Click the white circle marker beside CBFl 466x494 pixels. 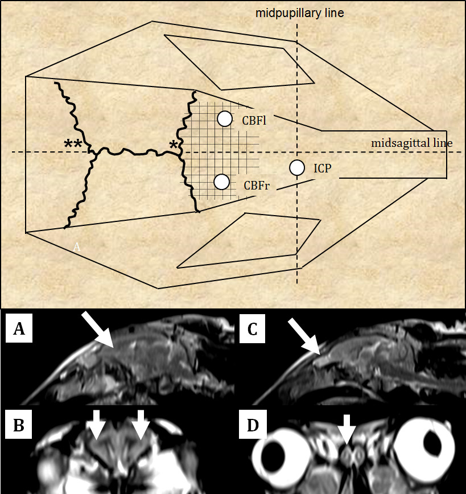pos(225,118)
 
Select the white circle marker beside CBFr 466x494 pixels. pos(221,182)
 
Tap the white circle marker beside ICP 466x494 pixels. pos(296,168)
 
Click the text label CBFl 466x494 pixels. pos(254,121)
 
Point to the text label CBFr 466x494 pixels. pos(256,185)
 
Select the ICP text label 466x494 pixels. pos(322,169)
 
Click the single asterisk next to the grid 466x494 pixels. pos(174,145)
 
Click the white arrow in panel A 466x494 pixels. pos(99,330)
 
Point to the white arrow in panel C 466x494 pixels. pos(303,335)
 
